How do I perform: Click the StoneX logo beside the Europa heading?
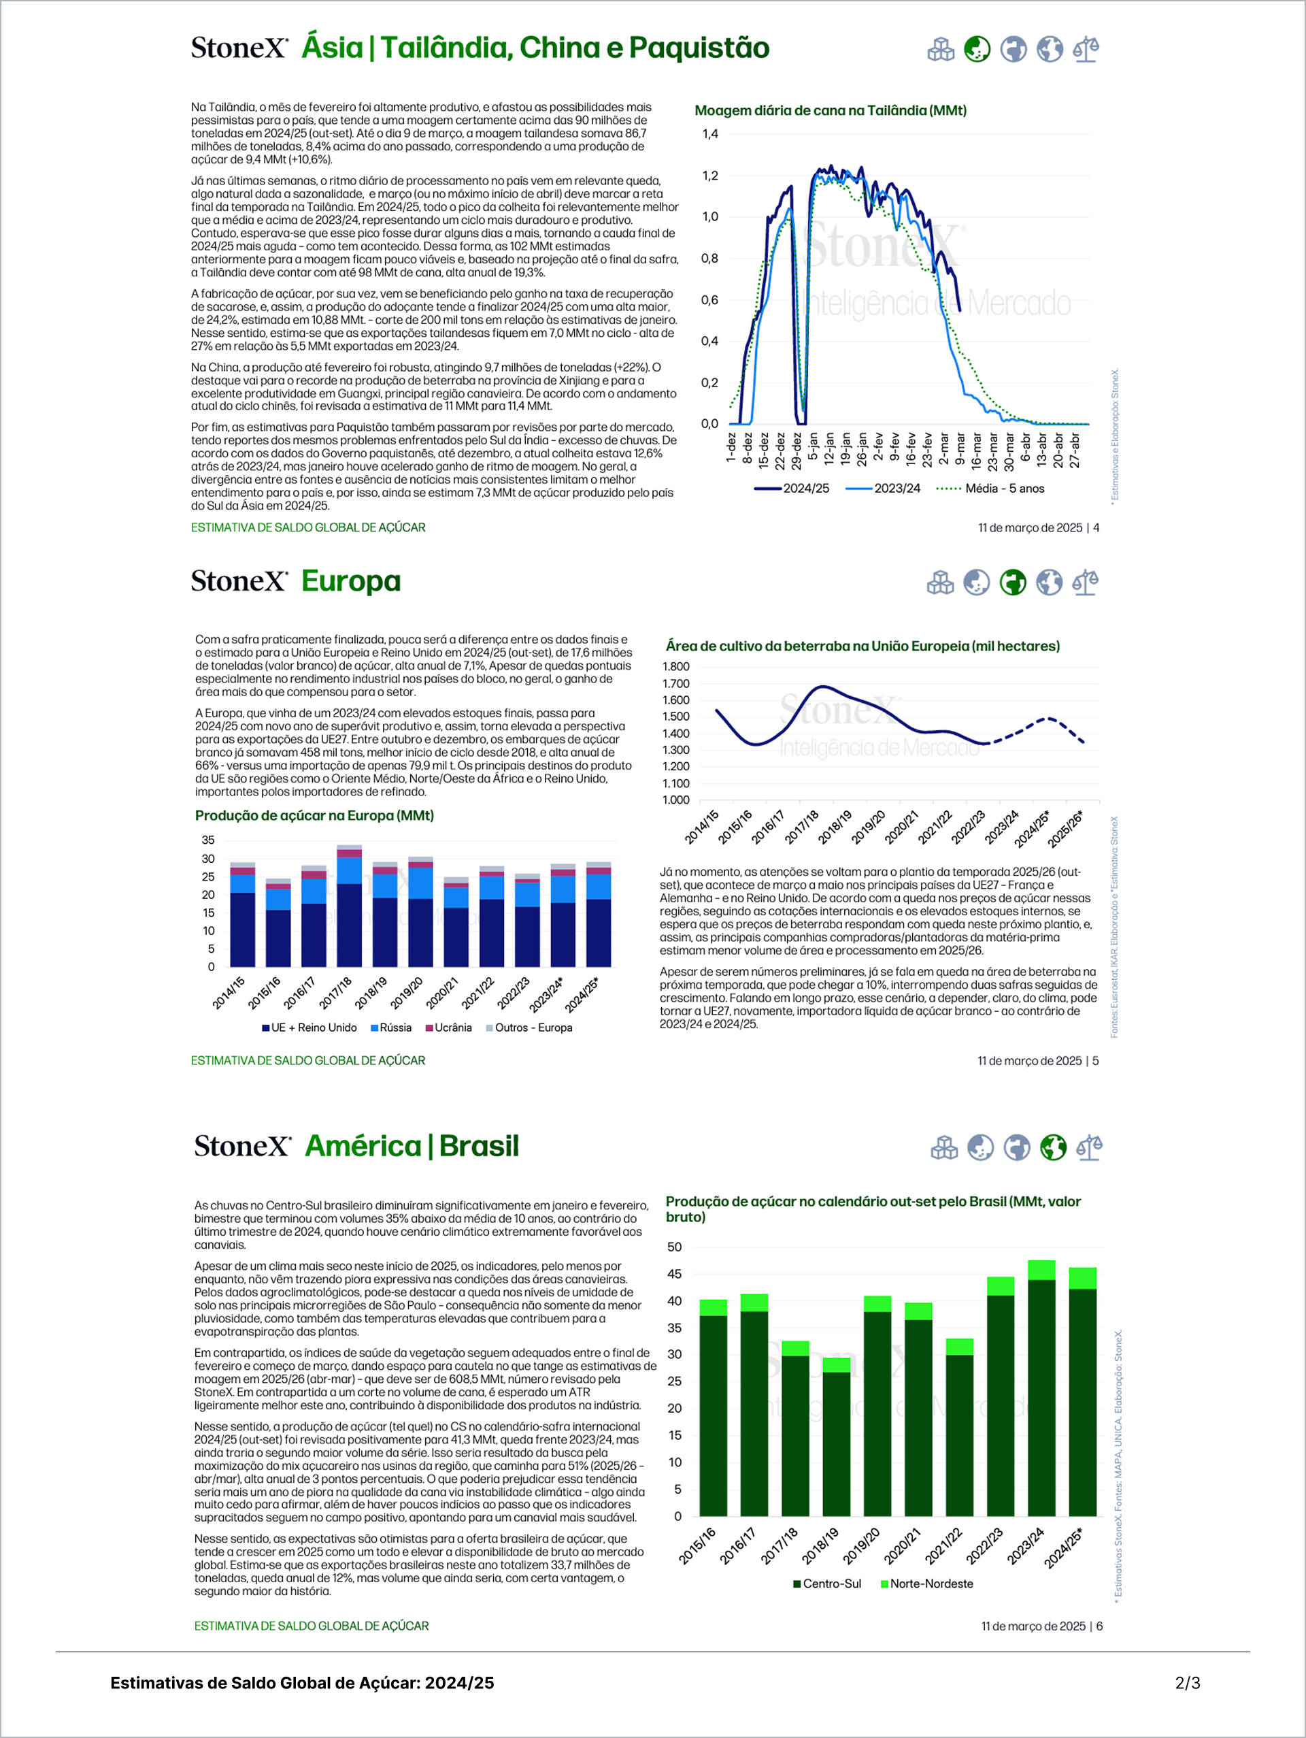[x=239, y=581]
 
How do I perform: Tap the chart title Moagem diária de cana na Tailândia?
[x=830, y=111]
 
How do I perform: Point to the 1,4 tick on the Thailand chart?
[x=710, y=134]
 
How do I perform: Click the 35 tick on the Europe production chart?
[x=208, y=840]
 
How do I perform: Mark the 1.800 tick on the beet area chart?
[x=675, y=667]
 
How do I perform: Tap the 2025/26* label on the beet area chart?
[x=1066, y=828]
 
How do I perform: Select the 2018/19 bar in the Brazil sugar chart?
[x=837, y=1437]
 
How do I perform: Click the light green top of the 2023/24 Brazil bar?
[x=1041, y=1270]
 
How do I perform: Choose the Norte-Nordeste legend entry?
[x=931, y=1584]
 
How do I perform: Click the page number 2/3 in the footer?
[x=1188, y=1683]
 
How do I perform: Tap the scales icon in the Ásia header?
[x=1086, y=50]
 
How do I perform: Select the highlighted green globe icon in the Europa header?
[x=1013, y=583]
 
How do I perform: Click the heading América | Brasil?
[x=412, y=1147]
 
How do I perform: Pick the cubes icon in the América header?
[x=944, y=1148]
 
